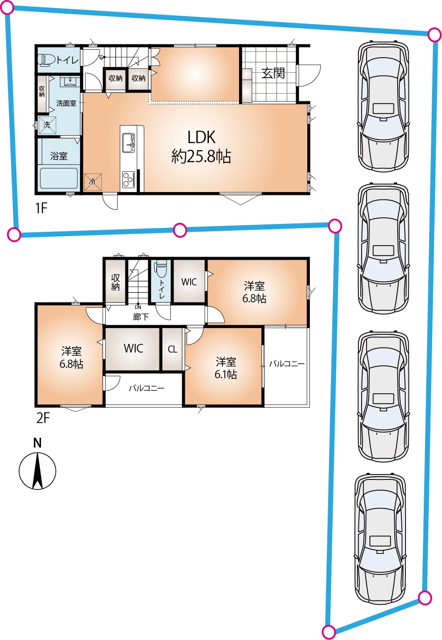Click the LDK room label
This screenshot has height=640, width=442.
pos(201,147)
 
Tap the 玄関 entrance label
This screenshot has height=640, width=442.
pos(273,73)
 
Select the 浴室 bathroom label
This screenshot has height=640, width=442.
pos(59,156)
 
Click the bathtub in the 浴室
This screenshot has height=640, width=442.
pos(59,179)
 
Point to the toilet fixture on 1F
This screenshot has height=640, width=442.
pos(46,60)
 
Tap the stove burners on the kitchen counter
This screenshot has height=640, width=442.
pos(128,180)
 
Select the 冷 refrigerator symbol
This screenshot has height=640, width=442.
pos(92,181)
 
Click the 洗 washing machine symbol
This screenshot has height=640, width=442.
pos(47,125)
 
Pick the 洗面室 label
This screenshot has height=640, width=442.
pos(66,103)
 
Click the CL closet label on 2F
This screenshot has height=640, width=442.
pos(172,349)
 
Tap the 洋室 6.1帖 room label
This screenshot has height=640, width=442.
pos(226,368)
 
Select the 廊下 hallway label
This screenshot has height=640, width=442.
pos(141,316)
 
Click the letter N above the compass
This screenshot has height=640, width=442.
pos(37,443)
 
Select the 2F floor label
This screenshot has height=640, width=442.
pos(43,418)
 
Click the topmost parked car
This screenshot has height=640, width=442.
pos(383,107)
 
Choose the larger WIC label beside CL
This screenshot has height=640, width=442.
pos(133,348)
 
